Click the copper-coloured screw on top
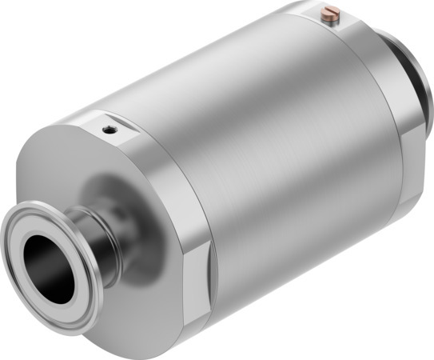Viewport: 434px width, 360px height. (x=330, y=13)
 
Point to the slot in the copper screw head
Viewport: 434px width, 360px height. (x=330, y=11)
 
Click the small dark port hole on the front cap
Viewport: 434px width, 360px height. (x=108, y=127)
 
